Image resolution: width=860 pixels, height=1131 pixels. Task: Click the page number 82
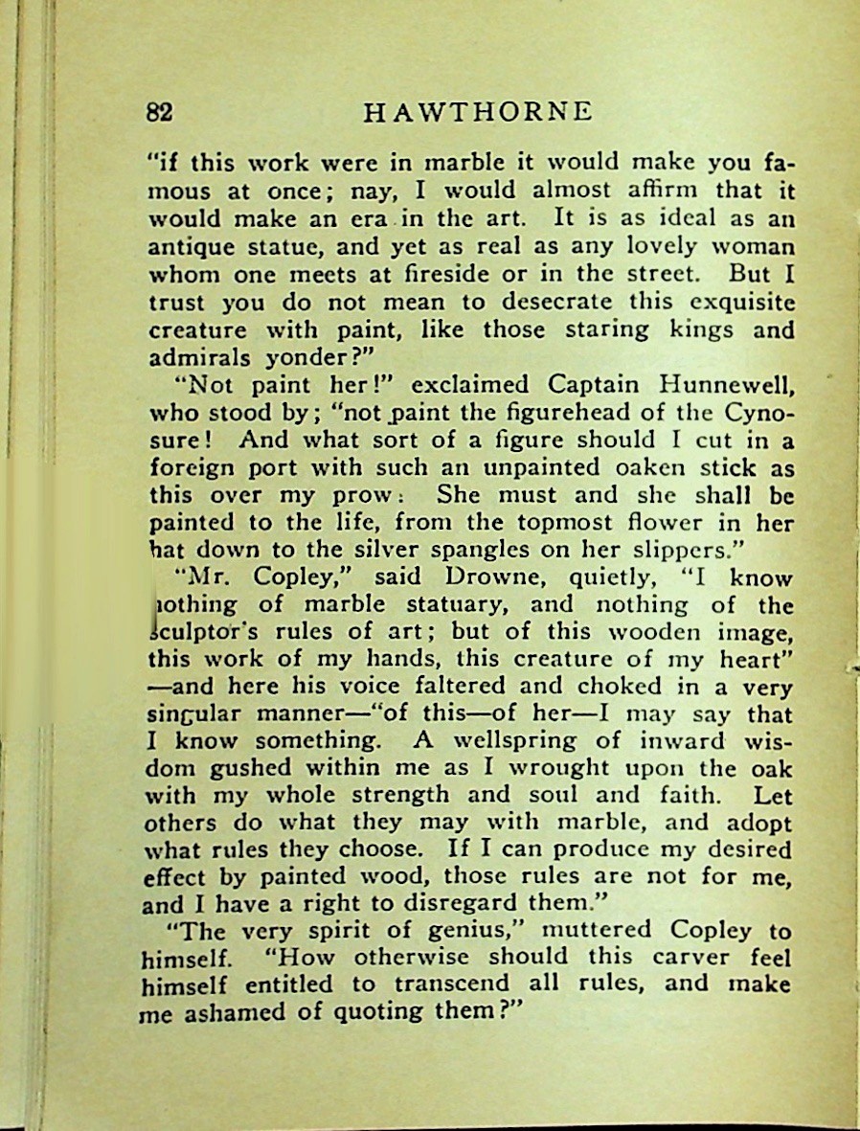pos(159,112)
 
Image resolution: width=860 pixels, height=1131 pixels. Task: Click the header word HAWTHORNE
pos(479,112)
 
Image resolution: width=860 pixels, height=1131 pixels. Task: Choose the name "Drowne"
pos(479,578)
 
